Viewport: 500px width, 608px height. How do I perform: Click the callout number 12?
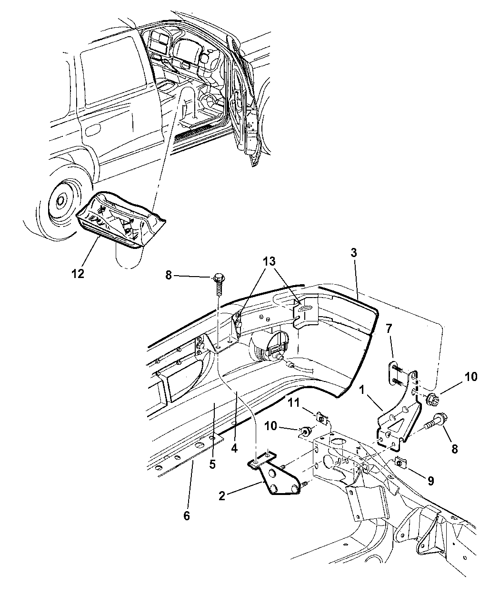click(78, 273)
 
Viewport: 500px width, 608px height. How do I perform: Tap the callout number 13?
click(269, 261)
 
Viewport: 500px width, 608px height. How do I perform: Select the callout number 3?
click(353, 253)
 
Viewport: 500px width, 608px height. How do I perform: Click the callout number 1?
click(362, 390)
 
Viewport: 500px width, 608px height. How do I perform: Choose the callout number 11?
click(294, 403)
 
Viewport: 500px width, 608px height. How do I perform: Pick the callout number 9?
click(430, 481)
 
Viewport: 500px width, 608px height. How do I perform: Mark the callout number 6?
click(187, 515)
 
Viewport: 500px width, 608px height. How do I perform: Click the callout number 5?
click(213, 464)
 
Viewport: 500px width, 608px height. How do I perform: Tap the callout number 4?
click(234, 448)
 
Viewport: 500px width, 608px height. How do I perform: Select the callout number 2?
click(222, 495)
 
